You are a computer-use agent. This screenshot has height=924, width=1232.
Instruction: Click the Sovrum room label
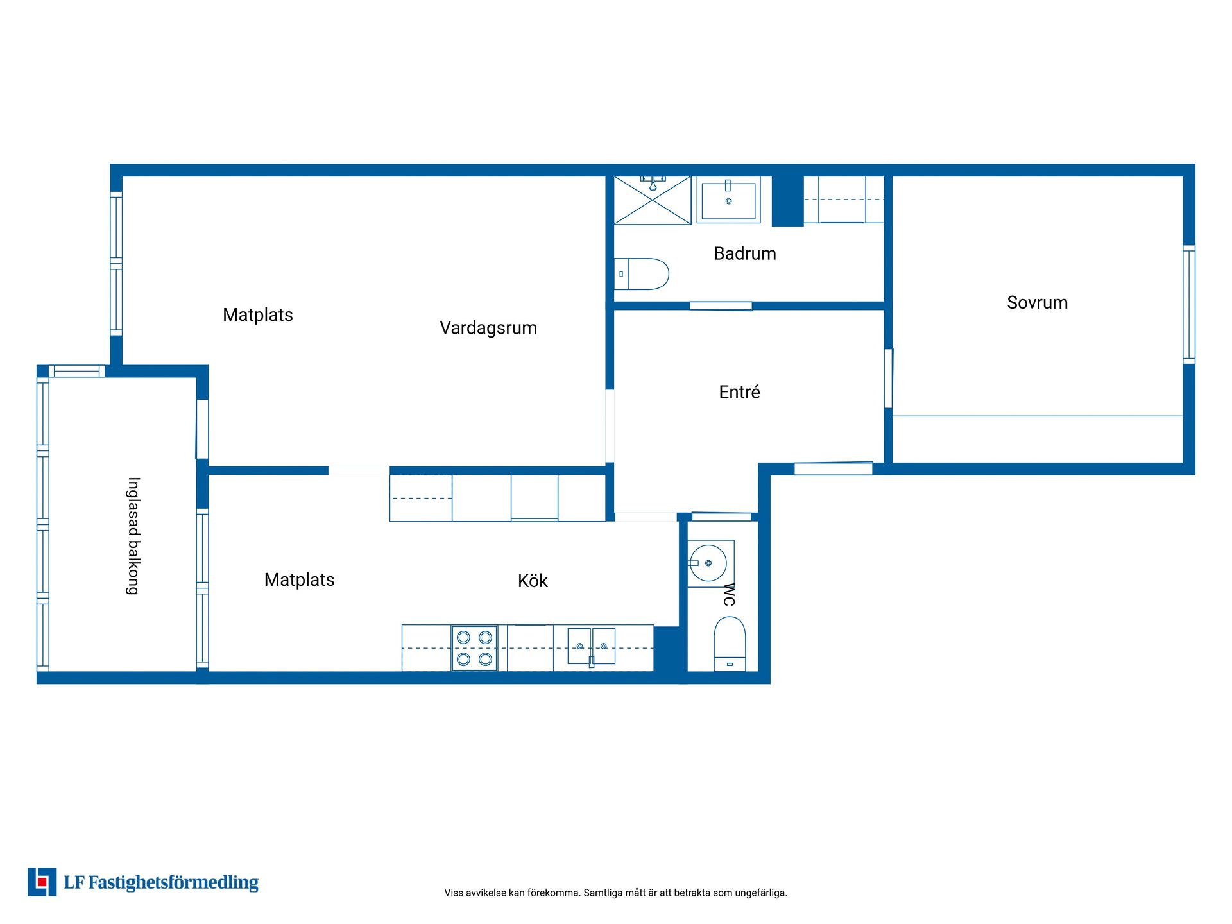[x=1037, y=302]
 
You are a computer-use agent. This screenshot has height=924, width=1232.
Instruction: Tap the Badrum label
[x=745, y=253]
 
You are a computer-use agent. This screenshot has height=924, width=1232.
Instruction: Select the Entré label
[x=739, y=391]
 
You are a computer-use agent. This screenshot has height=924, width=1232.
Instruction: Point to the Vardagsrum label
[x=488, y=328]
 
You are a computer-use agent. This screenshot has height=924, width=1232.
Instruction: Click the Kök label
[x=533, y=581]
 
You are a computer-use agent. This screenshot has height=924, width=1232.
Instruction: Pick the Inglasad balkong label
[x=133, y=536]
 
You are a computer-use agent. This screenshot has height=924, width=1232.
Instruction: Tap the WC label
[x=729, y=594]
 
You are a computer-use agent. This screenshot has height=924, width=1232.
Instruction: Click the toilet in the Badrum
[x=642, y=274]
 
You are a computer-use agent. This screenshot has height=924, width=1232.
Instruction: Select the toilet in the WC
[x=730, y=644]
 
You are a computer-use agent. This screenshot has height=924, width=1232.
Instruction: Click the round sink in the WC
[x=708, y=563]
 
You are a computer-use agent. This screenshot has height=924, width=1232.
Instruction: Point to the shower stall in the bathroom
[x=653, y=200]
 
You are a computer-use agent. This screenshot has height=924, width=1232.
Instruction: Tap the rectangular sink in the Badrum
[x=728, y=200]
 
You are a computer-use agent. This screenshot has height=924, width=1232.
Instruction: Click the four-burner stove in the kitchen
[x=474, y=648]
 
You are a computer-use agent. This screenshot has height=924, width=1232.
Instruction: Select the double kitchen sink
[x=591, y=646]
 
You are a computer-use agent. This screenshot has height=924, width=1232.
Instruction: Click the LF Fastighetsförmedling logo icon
[x=42, y=882]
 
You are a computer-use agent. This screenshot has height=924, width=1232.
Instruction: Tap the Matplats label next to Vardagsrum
[x=258, y=315]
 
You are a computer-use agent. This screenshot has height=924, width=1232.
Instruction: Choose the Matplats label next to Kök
[x=300, y=580]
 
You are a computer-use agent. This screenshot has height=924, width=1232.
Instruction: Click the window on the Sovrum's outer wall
[x=1189, y=305]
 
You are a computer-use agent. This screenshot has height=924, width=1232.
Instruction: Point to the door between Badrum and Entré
[x=721, y=306]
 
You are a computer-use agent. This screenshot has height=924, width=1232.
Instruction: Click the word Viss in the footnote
[x=454, y=893]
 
